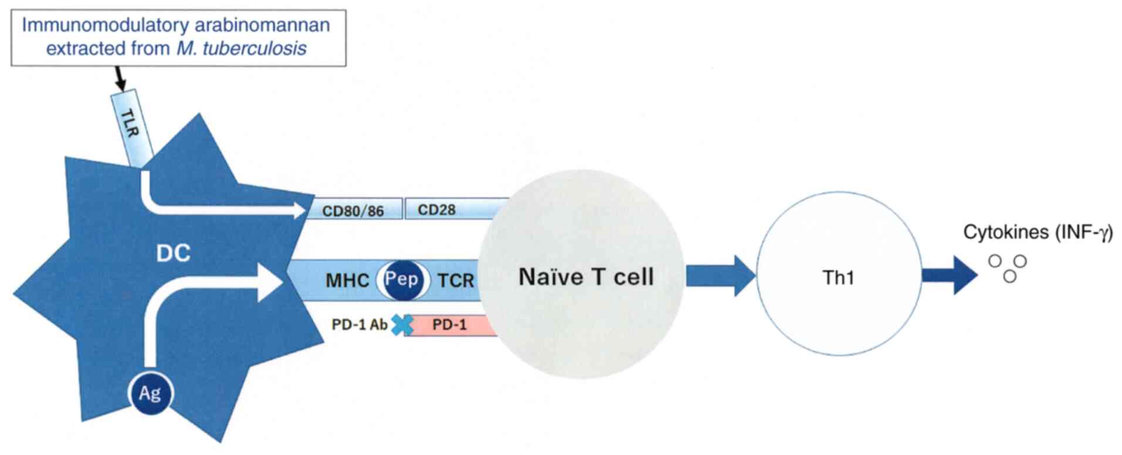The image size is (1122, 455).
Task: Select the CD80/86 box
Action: (x=353, y=209)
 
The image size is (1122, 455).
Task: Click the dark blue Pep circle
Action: (x=401, y=279)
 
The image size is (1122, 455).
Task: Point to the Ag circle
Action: (x=150, y=393)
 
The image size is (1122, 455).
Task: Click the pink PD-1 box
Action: (x=449, y=325)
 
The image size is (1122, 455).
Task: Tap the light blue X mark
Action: (x=402, y=324)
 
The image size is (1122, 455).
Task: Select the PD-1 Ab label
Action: (x=359, y=324)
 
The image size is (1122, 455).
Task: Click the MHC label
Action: (x=347, y=280)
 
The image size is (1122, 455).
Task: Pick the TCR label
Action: (x=456, y=280)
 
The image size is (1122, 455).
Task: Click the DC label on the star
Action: (x=173, y=253)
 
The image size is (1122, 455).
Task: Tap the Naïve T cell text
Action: (x=585, y=277)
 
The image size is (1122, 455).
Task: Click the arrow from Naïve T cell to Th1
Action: (x=721, y=275)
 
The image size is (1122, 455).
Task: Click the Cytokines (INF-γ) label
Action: (x=1038, y=232)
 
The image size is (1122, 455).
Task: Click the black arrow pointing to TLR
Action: (x=120, y=78)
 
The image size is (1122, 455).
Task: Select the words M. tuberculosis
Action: (x=241, y=48)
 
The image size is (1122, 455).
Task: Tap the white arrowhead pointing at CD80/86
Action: (x=299, y=210)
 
